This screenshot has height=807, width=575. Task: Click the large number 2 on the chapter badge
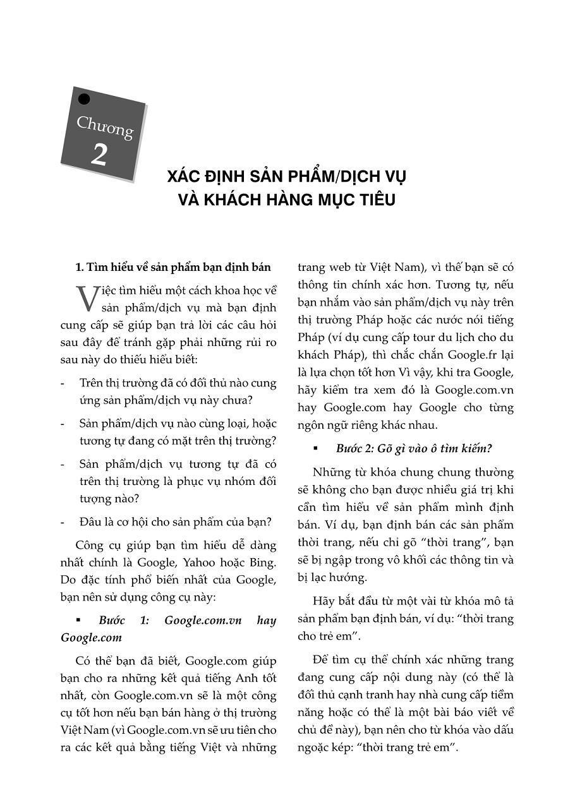point(99,155)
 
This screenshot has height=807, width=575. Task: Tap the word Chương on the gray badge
point(105,127)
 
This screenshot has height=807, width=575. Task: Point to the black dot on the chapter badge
point(84,99)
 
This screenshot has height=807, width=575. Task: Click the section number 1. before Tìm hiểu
point(80,267)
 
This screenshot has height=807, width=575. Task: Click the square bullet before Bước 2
point(315,449)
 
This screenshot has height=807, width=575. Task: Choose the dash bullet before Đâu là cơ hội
point(63,522)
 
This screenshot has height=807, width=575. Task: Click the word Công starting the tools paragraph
point(91,545)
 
